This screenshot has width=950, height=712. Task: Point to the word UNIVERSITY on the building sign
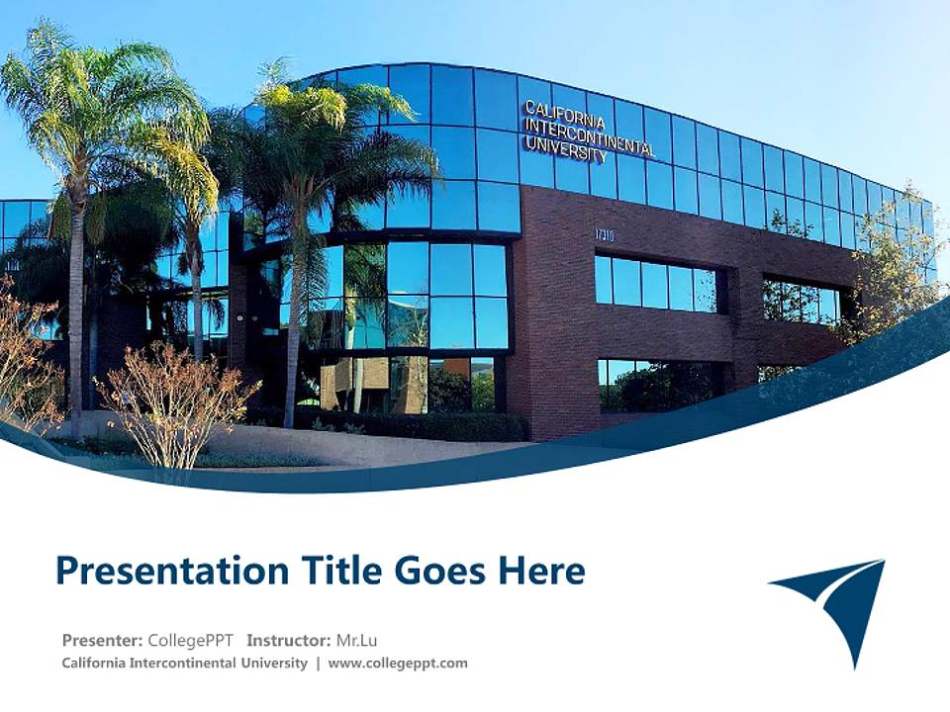click(565, 148)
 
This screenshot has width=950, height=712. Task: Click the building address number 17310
click(604, 234)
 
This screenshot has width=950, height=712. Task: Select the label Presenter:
click(102, 640)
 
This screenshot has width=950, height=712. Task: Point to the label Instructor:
click(289, 640)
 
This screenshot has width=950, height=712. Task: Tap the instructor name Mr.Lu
click(357, 640)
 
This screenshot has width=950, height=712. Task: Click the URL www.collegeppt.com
click(398, 663)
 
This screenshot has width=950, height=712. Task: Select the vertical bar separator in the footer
click(318, 663)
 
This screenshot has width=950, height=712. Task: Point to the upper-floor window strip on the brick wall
click(655, 284)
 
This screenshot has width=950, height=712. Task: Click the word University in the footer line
click(275, 663)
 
